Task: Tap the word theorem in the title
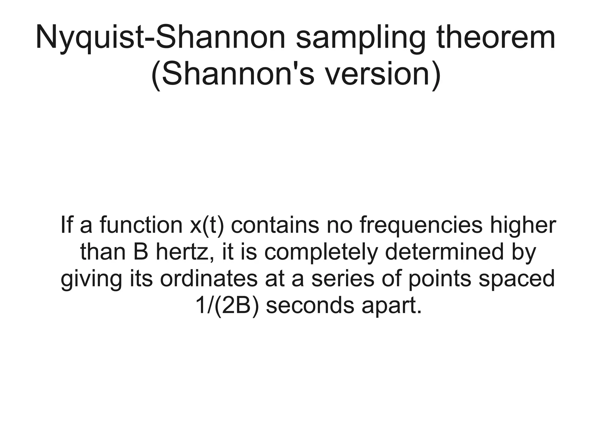(x=496, y=38)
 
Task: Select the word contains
(x=275, y=225)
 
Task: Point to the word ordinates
(x=208, y=279)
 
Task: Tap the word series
(x=343, y=279)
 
